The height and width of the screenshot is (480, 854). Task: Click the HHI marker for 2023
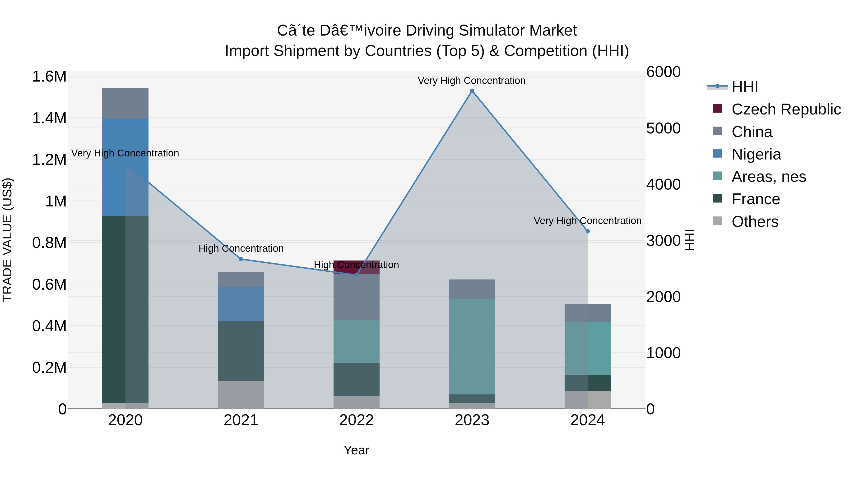pyautogui.click(x=472, y=91)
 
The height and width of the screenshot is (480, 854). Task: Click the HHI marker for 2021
pyautogui.click(x=241, y=259)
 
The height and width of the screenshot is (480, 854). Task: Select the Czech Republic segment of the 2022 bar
pyautogui.click(x=356, y=267)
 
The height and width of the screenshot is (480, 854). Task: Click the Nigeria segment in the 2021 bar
pyautogui.click(x=241, y=304)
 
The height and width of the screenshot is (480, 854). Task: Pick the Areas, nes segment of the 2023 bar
pyautogui.click(x=472, y=346)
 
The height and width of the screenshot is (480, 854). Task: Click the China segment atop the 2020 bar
pyautogui.click(x=125, y=103)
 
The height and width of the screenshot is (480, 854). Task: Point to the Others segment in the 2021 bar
pyautogui.click(x=241, y=394)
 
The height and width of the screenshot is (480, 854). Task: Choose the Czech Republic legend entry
pyautogui.click(x=786, y=109)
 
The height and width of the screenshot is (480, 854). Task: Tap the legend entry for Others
pyautogui.click(x=755, y=222)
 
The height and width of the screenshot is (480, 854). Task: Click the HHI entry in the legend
pyautogui.click(x=745, y=87)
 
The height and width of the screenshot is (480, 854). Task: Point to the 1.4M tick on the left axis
pyautogui.click(x=49, y=118)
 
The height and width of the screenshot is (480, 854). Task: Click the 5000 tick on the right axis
pyautogui.click(x=663, y=128)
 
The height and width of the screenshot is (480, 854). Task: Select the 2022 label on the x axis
pyautogui.click(x=356, y=420)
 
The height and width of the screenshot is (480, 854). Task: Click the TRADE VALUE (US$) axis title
pyautogui.click(x=7, y=240)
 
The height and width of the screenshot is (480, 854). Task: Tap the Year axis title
pyautogui.click(x=356, y=450)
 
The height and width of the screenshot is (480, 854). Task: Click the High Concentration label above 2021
pyautogui.click(x=241, y=248)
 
